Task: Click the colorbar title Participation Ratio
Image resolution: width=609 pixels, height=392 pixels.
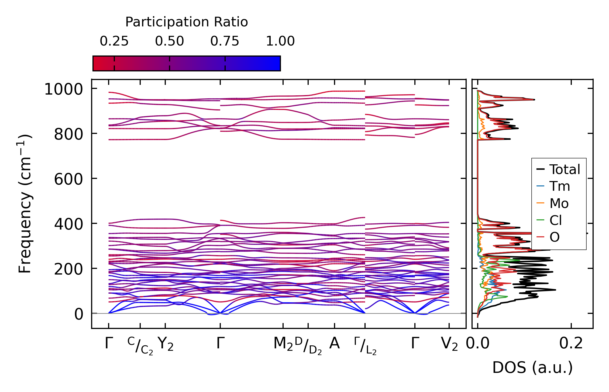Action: pyautogui.click(x=186, y=22)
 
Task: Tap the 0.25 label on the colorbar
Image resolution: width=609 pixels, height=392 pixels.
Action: pyautogui.click(x=114, y=41)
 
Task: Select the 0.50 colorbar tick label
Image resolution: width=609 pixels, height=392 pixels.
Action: pyautogui.click(x=169, y=41)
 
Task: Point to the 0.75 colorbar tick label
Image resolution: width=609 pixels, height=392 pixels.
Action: pyautogui.click(x=225, y=41)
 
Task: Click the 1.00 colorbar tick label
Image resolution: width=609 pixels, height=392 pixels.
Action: pyautogui.click(x=280, y=41)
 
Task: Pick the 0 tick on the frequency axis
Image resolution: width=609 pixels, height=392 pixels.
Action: pyautogui.click(x=79, y=314)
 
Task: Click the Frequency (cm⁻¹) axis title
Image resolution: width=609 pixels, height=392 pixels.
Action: pyautogui.click(x=25, y=204)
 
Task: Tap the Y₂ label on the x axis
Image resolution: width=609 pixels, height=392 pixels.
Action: pyautogui.click(x=165, y=344)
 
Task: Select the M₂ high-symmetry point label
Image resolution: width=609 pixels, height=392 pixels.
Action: pyautogui.click(x=283, y=344)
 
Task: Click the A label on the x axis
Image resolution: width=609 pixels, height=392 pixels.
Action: pyautogui.click(x=334, y=343)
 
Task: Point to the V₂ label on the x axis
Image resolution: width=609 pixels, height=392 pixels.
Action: pyautogui.click(x=449, y=344)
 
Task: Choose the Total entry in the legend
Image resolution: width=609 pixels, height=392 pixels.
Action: pyautogui.click(x=565, y=169)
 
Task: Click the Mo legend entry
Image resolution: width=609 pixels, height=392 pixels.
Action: pyautogui.click(x=559, y=203)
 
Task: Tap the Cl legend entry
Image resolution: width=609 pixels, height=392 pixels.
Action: pyautogui.click(x=555, y=220)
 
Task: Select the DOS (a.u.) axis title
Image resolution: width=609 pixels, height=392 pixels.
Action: pyautogui.click(x=532, y=368)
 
